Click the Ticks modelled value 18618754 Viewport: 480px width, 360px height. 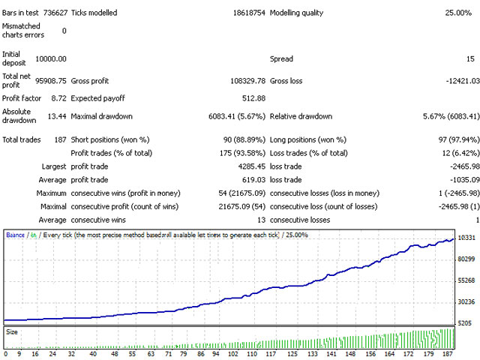pos(239,13)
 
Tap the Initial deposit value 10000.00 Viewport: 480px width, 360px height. pos(51,58)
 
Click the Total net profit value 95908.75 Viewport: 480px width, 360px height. pos(51,80)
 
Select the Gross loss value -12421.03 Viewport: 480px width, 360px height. pos(459,80)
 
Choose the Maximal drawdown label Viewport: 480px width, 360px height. pos(101,116)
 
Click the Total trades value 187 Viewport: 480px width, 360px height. pos(58,139)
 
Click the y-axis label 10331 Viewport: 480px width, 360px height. pos(466,238)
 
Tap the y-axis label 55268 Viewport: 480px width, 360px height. pos(466,280)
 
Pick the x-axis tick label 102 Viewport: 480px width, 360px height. pos(232,354)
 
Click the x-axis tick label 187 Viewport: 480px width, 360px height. pos(447,354)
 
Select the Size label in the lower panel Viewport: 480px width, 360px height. pos(12,331)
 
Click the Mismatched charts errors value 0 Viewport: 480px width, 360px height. pos(64,31)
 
